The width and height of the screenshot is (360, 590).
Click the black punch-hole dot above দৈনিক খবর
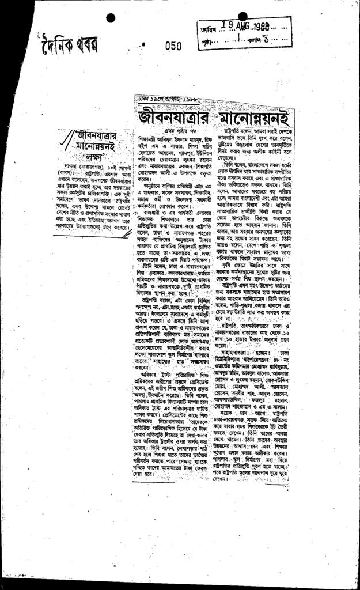click(111, 18)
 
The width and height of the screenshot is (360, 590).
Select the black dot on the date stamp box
click(243, 16)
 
